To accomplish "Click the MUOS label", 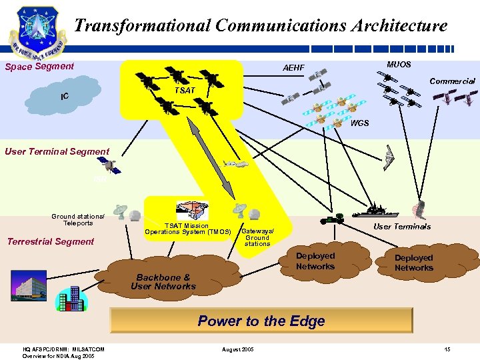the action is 399,65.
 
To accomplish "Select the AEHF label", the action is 293,68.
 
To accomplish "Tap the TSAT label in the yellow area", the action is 185,90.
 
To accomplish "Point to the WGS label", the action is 359,123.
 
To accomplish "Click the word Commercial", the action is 452,81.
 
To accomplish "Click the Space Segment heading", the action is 39,67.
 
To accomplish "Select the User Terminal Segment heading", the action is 57,151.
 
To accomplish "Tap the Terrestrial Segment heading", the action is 51,241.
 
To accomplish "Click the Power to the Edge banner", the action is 261,321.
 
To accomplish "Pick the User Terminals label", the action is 402,227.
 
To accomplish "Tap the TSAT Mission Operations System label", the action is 187,229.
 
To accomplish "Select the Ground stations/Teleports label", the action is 78,220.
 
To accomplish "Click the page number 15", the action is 447,350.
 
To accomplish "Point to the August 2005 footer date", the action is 238,350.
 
